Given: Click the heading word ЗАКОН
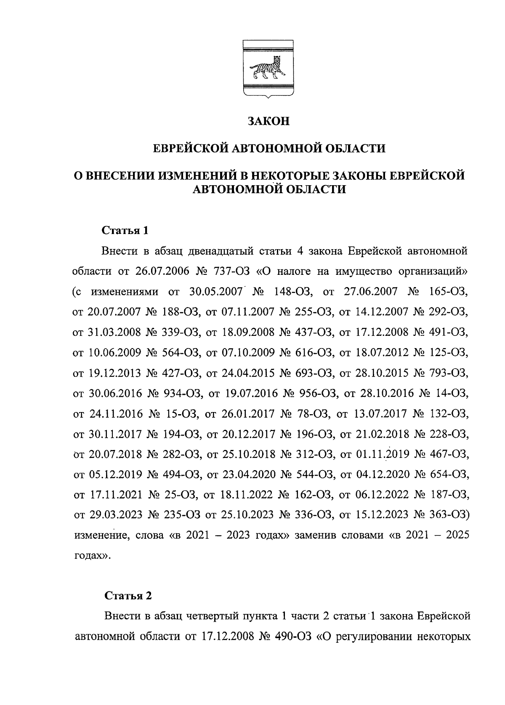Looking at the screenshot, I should click(x=268, y=121).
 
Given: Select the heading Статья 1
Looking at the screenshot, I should click(x=125, y=230).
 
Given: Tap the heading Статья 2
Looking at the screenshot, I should click(x=128, y=596).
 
